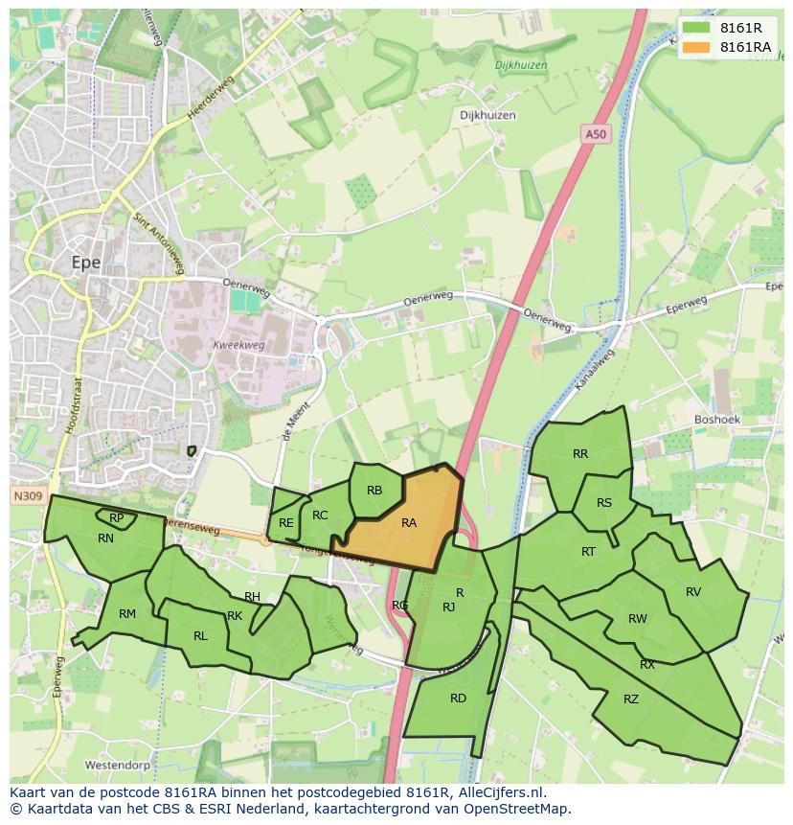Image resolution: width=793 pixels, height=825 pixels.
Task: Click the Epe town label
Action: pyautogui.click(x=86, y=262)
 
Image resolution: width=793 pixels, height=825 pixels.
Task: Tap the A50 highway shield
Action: pyautogui.click(x=596, y=135)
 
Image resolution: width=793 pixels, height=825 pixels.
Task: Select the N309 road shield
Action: pyautogui.click(x=27, y=496)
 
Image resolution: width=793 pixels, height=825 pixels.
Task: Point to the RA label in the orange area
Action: pyautogui.click(x=409, y=522)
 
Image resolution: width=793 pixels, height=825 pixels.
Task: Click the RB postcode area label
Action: pyautogui.click(x=374, y=491)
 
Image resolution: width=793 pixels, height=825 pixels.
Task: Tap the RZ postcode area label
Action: pyautogui.click(x=630, y=699)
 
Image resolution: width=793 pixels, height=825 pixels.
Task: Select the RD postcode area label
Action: pyautogui.click(x=458, y=698)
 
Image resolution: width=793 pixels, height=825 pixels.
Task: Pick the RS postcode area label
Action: pyautogui.click(x=603, y=503)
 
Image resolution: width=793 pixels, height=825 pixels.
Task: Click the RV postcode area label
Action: pyautogui.click(x=693, y=591)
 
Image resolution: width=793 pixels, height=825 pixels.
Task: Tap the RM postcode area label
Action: pyautogui.click(x=127, y=614)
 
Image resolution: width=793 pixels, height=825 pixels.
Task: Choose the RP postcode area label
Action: pyautogui.click(x=116, y=518)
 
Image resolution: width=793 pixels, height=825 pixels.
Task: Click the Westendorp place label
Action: pyautogui.click(x=119, y=766)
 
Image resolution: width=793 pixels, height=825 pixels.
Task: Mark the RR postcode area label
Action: pyautogui.click(x=580, y=454)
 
